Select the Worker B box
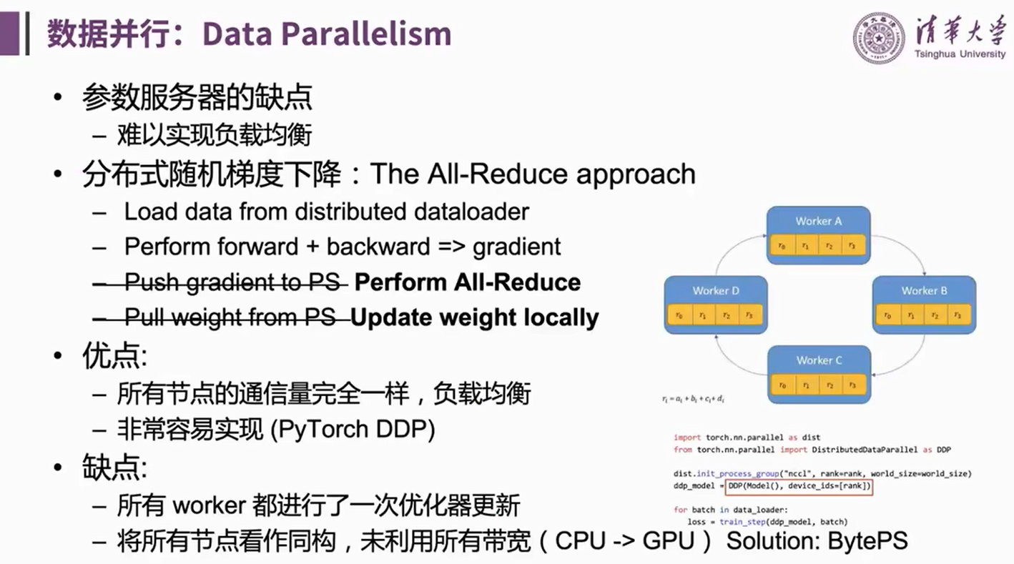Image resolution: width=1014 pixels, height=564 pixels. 924,305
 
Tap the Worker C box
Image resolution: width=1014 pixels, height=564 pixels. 818,374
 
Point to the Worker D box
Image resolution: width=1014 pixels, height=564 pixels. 715,305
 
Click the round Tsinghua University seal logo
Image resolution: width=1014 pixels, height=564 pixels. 879,37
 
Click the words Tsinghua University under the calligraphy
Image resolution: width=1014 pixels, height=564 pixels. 959,54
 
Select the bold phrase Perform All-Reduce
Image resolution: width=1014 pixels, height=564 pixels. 468,282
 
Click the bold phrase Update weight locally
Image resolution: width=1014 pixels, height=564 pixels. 475,317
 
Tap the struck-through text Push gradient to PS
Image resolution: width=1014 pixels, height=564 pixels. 232,282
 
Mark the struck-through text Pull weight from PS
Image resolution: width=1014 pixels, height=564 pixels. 230,317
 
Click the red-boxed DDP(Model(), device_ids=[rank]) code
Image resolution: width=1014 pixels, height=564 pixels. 799,487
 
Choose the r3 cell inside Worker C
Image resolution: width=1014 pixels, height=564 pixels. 852,385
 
